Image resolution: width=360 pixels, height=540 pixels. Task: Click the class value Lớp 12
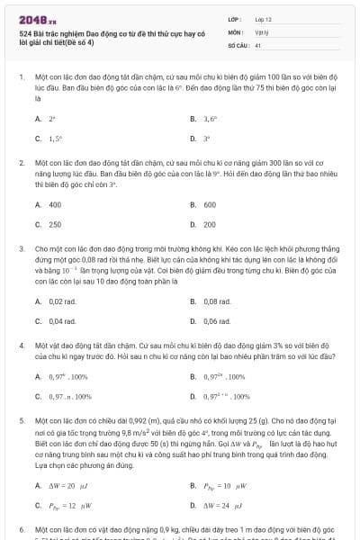(x=263, y=18)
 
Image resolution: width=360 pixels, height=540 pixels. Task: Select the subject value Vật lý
(x=262, y=31)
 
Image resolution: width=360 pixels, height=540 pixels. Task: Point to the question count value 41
(x=258, y=44)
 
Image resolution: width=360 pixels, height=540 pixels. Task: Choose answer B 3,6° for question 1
(x=211, y=118)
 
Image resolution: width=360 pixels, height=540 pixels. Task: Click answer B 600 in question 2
(x=210, y=204)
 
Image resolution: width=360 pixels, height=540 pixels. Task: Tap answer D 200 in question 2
(x=210, y=224)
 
